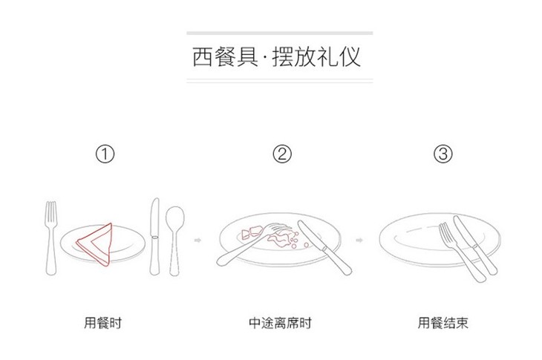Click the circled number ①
(105, 154)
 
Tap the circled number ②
(282, 154)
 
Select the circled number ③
(443, 154)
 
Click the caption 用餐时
(102, 323)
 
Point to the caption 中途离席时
(280, 323)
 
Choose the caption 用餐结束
(443, 323)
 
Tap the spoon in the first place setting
(174, 240)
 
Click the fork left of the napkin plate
(51, 238)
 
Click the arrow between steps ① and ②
(197, 240)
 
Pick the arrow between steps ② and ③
(359, 240)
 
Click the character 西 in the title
(203, 56)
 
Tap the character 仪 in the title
(350, 56)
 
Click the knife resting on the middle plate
(324, 247)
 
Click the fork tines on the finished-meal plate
(445, 232)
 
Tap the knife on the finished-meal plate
(475, 245)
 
